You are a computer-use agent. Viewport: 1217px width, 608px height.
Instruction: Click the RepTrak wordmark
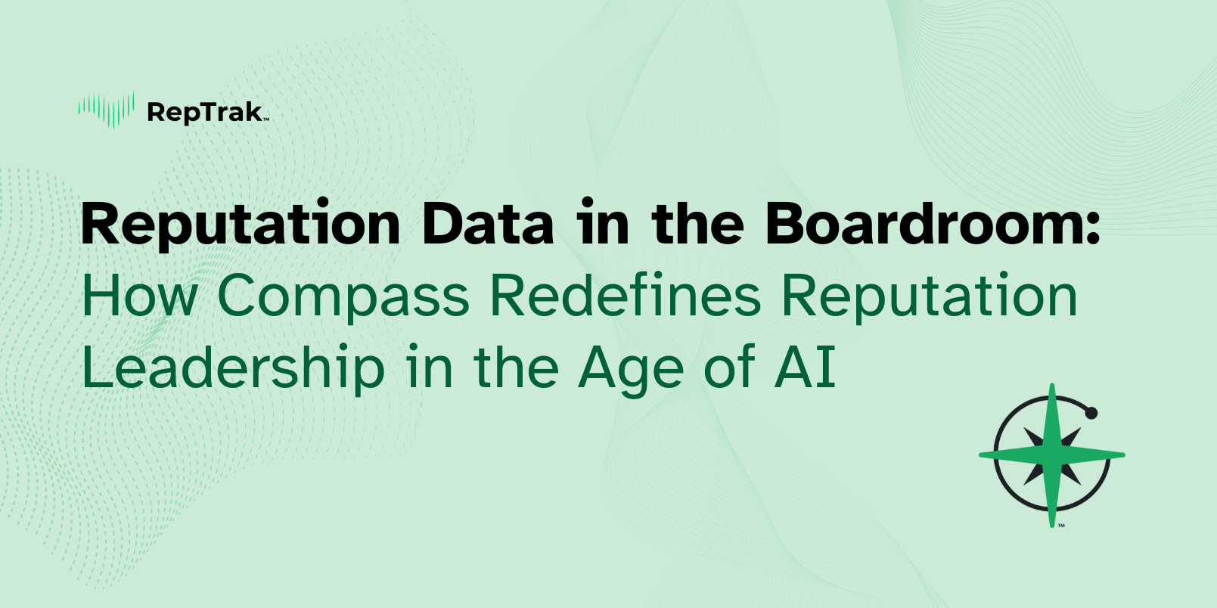point(205,113)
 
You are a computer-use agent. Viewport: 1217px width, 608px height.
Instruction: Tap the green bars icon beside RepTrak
point(107,110)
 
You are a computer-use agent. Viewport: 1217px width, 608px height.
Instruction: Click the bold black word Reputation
point(241,225)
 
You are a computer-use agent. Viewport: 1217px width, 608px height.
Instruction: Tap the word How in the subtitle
point(139,296)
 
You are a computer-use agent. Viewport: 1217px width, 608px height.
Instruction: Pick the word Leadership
point(233,368)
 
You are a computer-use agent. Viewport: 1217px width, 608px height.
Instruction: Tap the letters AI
point(805,368)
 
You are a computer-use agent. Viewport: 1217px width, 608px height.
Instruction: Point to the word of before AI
point(729,368)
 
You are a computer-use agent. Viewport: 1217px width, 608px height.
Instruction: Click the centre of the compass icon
point(1052,455)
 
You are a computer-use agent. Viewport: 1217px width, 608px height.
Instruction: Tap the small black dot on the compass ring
point(1091,414)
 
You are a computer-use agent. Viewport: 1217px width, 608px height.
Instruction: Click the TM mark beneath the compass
point(1061,525)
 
